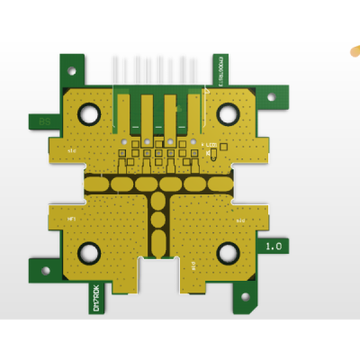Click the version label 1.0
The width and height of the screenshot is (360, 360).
[274, 245]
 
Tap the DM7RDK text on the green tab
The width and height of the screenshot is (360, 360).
[96, 297]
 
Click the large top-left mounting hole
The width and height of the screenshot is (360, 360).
[89, 113]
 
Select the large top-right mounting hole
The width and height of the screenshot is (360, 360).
[228, 113]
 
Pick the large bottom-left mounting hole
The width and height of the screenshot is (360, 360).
[89, 253]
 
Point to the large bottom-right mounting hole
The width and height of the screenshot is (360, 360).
[228, 253]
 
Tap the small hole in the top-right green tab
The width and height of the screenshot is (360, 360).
[271, 96]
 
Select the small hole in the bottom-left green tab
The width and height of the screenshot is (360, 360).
[46, 269]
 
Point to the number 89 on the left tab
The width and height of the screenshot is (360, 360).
[43, 121]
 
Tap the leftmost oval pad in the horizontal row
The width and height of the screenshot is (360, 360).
[96, 184]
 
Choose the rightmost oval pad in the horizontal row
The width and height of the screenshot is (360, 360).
[220, 184]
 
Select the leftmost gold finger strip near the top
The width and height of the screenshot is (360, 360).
[123, 113]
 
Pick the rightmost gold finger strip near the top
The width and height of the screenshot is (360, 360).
[193, 113]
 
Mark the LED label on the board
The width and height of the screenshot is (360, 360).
[211, 145]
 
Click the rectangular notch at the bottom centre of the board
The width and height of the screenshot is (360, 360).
[158, 275]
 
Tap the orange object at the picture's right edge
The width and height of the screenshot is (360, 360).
[355, 51]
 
